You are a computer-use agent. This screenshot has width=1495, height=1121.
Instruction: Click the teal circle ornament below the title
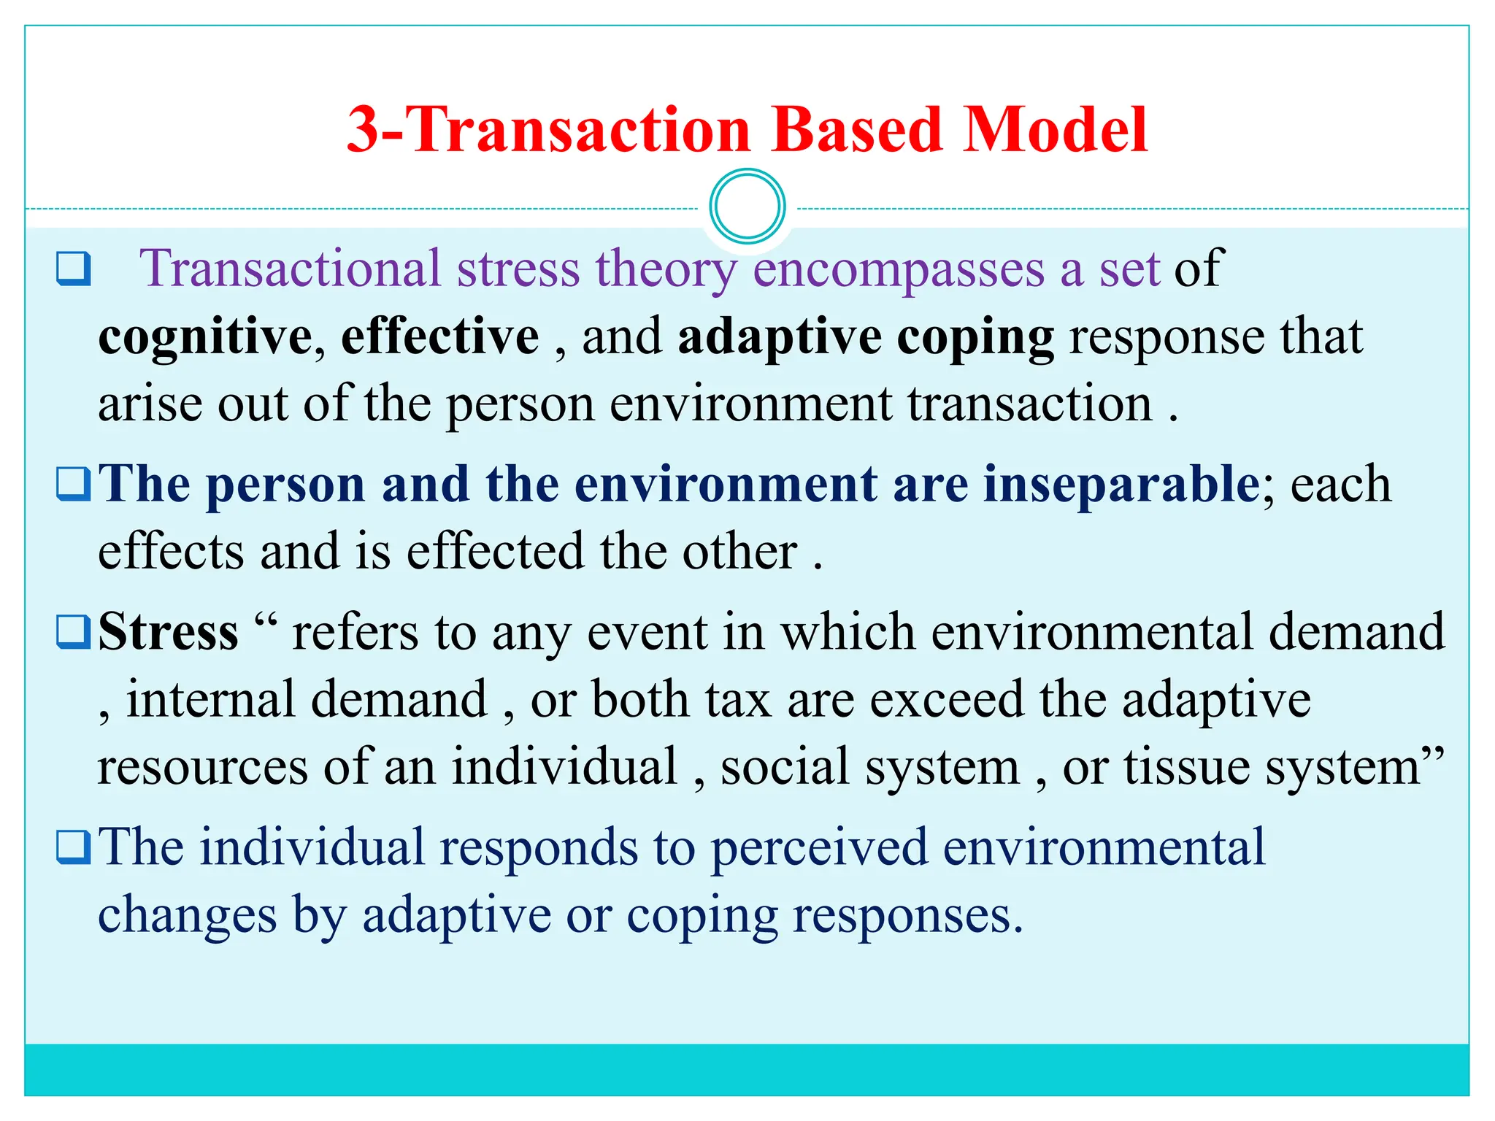747,207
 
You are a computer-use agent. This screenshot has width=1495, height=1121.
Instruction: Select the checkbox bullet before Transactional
74,269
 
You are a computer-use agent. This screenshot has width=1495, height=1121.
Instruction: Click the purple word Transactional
290,269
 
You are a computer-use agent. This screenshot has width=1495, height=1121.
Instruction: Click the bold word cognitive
205,337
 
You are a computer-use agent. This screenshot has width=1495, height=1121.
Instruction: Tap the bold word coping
975,339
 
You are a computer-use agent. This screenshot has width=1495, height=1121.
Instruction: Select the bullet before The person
74,485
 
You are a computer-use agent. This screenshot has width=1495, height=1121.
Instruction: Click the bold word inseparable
1121,485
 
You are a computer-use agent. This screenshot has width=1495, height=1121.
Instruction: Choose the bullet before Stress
74,633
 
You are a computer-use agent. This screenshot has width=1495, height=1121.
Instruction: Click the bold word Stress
168,632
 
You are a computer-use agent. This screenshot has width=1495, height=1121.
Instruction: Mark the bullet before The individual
74,847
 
